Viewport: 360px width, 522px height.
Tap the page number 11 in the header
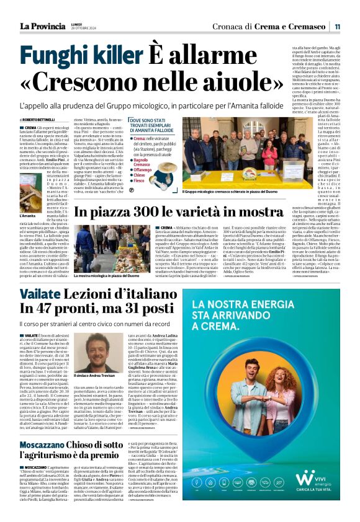337,27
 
